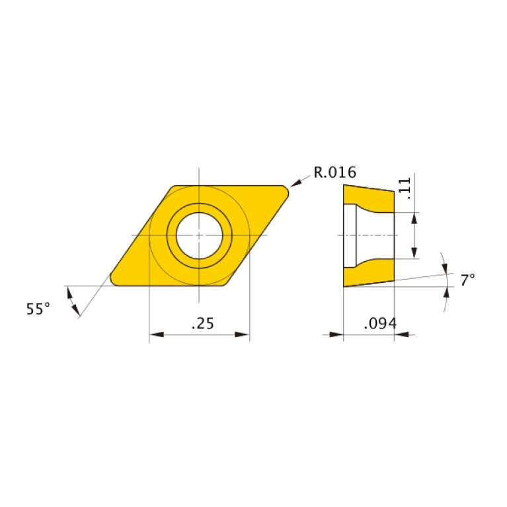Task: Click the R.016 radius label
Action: click(334, 173)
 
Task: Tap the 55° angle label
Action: click(38, 309)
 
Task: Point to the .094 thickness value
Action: click(379, 323)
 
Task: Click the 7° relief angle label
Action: click(467, 280)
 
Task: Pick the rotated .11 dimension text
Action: click(405, 188)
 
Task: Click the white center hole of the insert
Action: click(199, 235)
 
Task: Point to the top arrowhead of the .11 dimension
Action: click(414, 217)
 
